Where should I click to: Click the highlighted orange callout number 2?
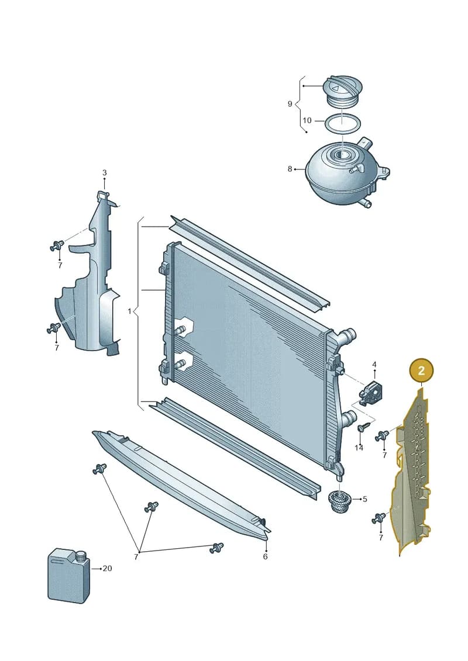tap(421, 371)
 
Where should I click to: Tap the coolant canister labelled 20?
tap(68, 575)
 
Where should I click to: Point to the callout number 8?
tap(290, 169)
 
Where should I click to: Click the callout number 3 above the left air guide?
tap(104, 172)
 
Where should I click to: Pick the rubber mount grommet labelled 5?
tap(339, 501)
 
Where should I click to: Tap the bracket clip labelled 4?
tap(369, 393)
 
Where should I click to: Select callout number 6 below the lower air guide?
tap(265, 556)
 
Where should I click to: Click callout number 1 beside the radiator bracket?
tap(129, 312)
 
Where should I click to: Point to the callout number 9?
tap(290, 103)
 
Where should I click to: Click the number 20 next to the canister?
tap(107, 568)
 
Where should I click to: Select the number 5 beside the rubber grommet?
tap(365, 499)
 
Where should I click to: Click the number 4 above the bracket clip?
tap(374, 365)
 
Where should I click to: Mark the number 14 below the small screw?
tap(359, 448)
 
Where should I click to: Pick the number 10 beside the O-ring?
tap(307, 120)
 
